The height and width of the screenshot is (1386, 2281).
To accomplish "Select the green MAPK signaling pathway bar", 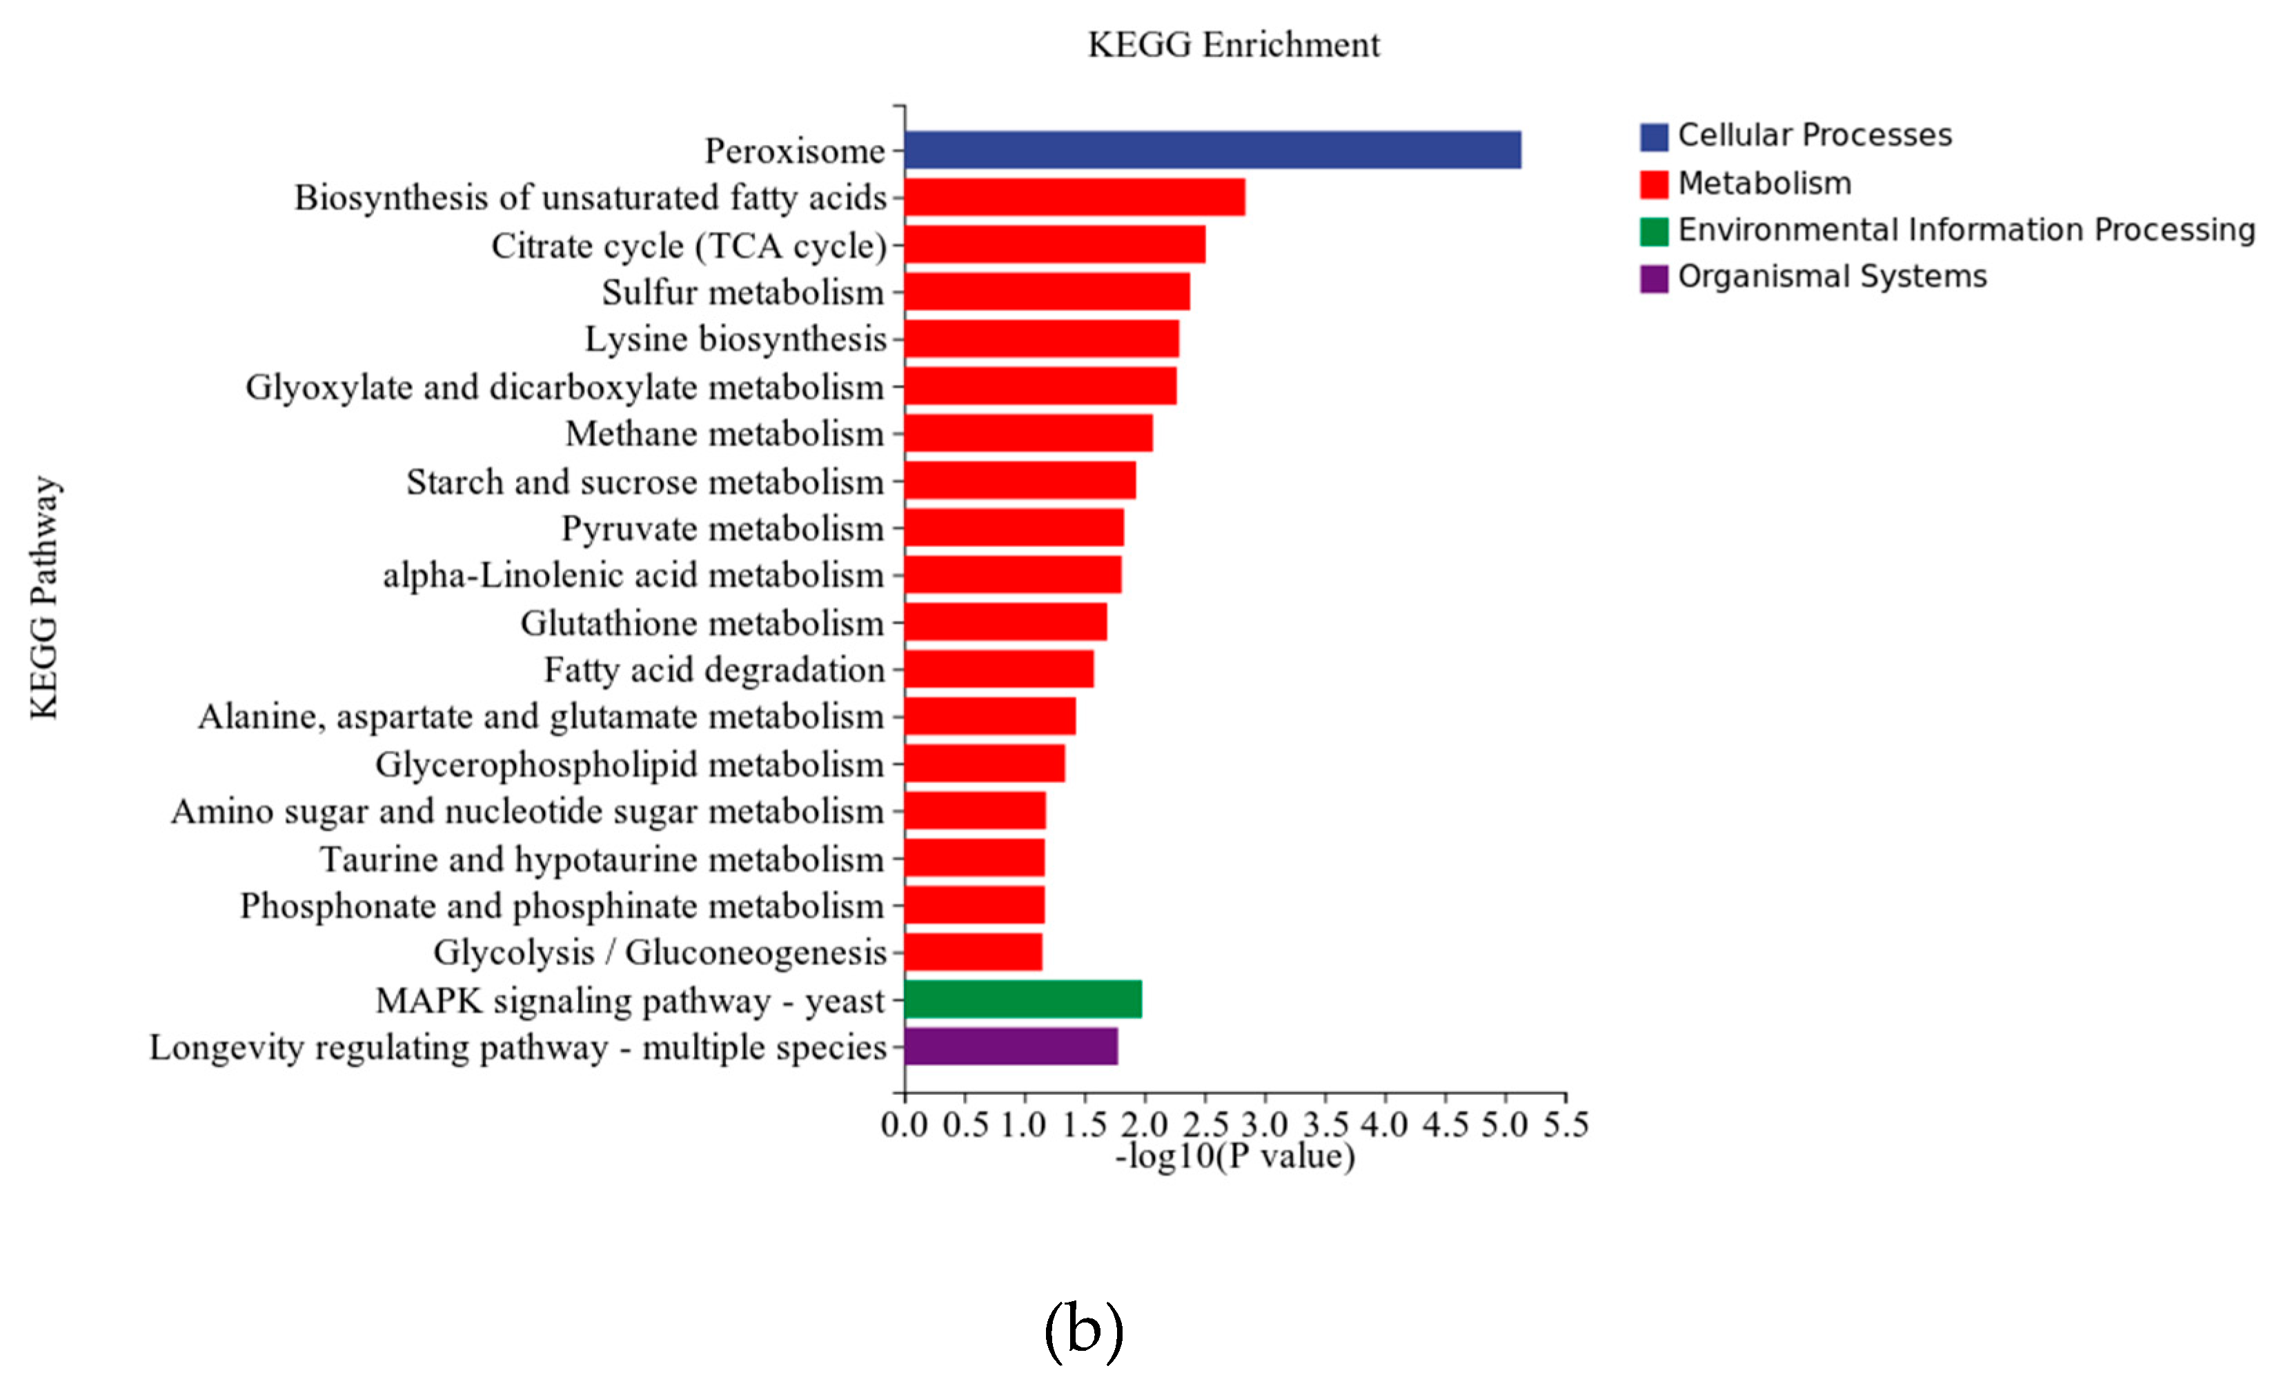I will click(x=1023, y=999).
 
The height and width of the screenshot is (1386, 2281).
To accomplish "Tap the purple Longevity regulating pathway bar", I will click(x=1011, y=1046).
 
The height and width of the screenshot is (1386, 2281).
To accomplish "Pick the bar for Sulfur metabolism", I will click(x=1047, y=292).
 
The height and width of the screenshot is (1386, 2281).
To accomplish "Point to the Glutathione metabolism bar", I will click(x=1005, y=621).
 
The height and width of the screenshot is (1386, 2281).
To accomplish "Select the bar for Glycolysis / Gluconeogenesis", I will click(x=973, y=952).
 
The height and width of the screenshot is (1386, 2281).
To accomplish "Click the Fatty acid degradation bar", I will click(x=999, y=669).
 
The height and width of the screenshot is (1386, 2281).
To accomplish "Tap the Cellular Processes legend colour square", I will click(x=1653, y=136).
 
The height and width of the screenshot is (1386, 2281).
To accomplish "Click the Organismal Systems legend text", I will click(x=1831, y=277).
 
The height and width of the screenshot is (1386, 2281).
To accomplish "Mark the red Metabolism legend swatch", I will click(x=1653, y=184).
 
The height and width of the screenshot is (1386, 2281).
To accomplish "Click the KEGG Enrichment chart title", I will click(x=1232, y=44).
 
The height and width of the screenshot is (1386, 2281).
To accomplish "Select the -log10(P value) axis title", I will click(x=1234, y=1156).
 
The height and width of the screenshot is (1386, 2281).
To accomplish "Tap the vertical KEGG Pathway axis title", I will click(x=43, y=597).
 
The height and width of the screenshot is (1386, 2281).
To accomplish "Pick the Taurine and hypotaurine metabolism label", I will click(x=602, y=859).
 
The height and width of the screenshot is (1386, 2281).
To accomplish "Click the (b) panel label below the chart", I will click(x=1083, y=1329).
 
